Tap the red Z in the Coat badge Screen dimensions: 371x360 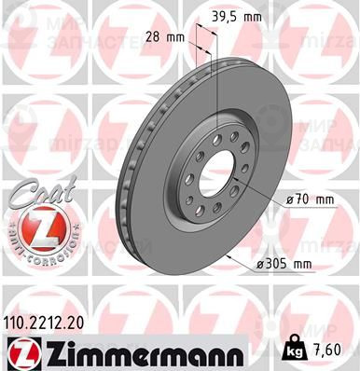(x=35, y=227)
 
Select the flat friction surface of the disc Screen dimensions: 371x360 (x=163, y=224)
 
